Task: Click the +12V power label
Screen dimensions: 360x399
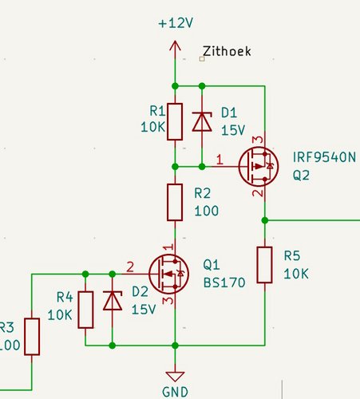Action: tap(176, 23)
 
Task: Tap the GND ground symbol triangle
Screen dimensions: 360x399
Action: tap(175, 376)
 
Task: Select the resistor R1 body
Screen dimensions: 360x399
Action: tap(175, 121)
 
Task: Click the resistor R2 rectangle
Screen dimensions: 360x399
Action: tap(175, 202)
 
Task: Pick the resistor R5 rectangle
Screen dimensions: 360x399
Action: tap(264, 265)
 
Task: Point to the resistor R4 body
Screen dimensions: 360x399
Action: tap(85, 310)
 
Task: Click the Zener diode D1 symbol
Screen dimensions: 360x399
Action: tap(202, 121)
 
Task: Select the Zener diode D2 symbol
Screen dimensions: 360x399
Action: tap(113, 301)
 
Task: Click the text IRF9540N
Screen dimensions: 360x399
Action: tap(324, 157)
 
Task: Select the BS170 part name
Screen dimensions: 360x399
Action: tap(224, 282)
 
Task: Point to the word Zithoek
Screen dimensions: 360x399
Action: tap(227, 51)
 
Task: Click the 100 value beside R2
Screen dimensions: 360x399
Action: tap(207, 211)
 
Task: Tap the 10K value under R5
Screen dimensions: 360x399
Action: tap(296, 274)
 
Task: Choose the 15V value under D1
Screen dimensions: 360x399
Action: tap(233, 130)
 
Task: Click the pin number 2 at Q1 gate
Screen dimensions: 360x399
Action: tap(130, 267)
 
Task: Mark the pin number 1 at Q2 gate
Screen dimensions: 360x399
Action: tap(220, 160)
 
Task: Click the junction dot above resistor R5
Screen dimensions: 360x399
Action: tap(265, 220)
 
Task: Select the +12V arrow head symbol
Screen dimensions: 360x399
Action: tap(175, 45)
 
